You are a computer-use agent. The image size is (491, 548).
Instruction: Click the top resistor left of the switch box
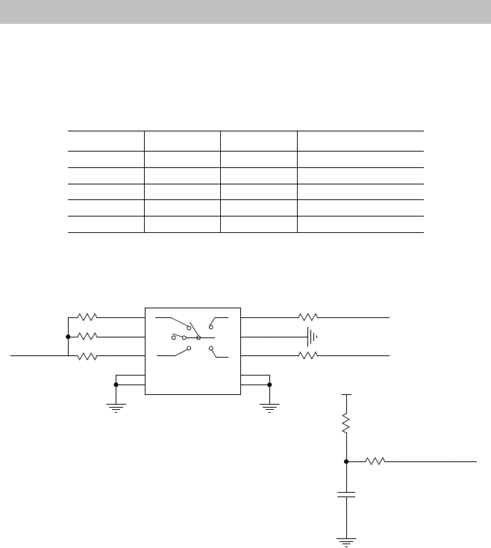[x=87, y=317]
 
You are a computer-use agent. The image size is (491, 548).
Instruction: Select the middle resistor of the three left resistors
[x=87, y=337]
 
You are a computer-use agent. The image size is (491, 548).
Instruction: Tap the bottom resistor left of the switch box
[x=87, y=357]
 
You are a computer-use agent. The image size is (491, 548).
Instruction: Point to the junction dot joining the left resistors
[x=68, y=337]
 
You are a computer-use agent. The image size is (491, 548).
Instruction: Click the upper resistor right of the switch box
[x=309, y=317]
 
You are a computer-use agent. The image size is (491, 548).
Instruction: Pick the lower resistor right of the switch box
[x=309, y=357]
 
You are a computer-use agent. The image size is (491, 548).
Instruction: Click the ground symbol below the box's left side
[x=116, y=408]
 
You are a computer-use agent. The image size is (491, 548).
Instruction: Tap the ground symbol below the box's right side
[x=269, y=408]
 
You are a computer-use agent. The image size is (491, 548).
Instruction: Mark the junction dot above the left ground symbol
[x=116, y=385]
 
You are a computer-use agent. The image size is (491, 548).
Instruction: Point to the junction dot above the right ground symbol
[x=269, y=385]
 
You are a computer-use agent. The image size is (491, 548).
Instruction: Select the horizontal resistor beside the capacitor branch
[x=375, y=462]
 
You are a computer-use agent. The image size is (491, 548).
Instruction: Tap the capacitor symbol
[x=346, y=494]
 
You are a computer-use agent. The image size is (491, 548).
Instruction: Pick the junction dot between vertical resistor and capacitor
[x=346, y=462]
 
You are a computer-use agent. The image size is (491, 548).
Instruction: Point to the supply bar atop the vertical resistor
[x=346, y=393]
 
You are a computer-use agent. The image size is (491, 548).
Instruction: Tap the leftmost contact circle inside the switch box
[x=173, y=337]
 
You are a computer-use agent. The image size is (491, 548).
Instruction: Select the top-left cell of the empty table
[x=105, y=140]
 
